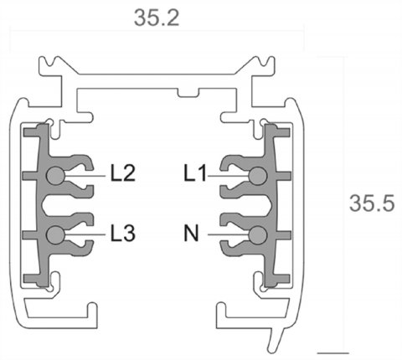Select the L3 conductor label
[x=123, y=235]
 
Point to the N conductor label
[x=193, y=235]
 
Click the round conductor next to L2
[x=55, y=175]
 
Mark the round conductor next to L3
[x=55, y=234]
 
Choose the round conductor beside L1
[x=257, y=175]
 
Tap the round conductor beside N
[x=257, y=234]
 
